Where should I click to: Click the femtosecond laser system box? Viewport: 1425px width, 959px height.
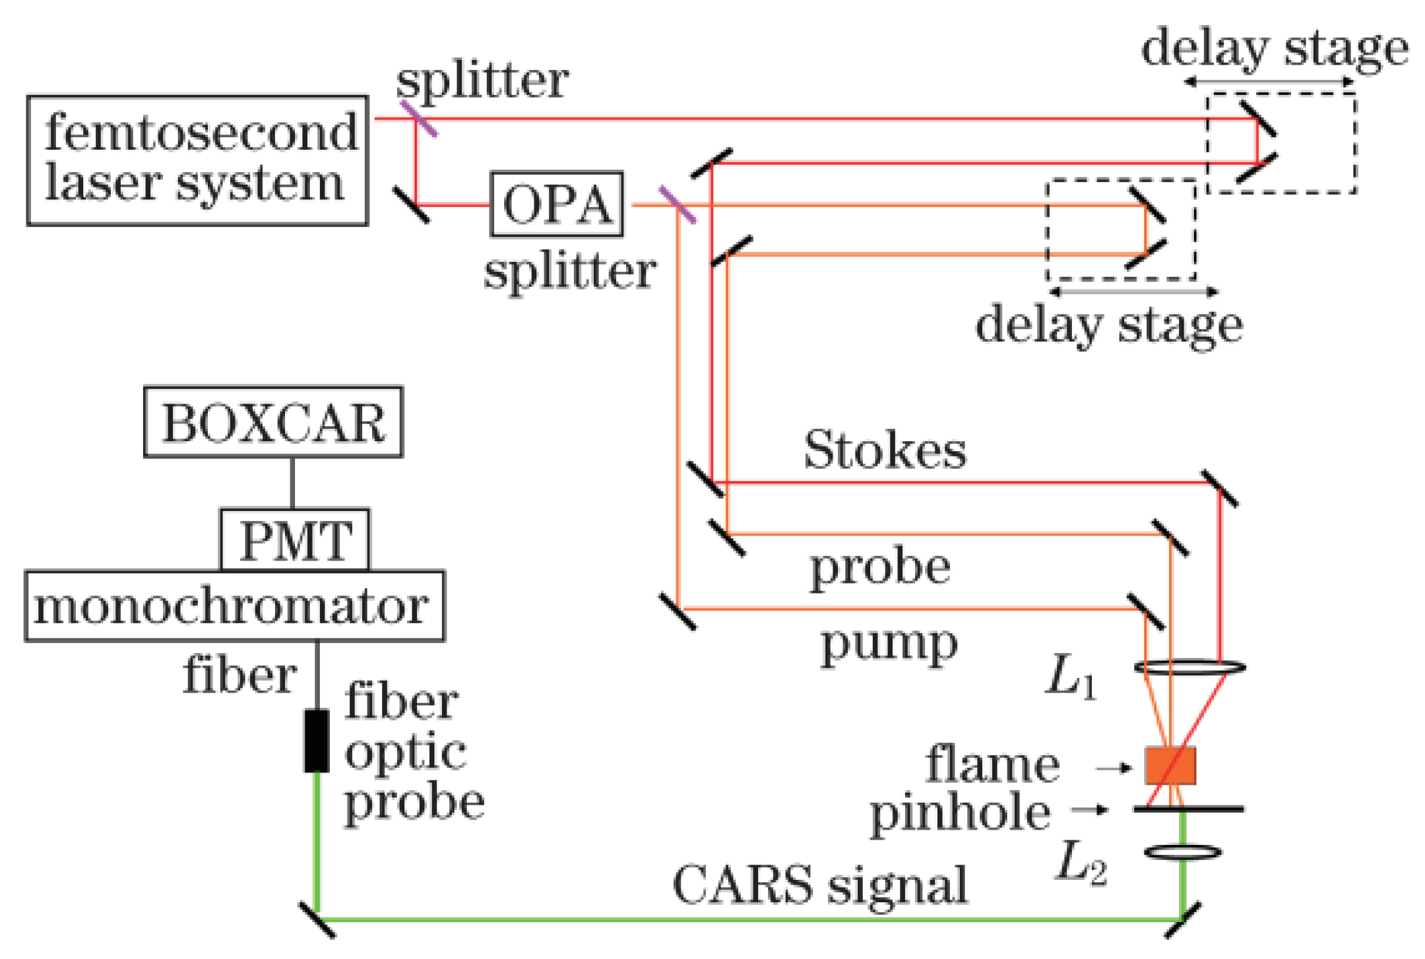point(197,160)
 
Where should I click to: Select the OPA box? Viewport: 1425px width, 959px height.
point(557,204)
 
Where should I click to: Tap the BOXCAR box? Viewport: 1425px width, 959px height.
point(273,422)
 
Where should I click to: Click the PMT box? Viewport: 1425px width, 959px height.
point(294,540)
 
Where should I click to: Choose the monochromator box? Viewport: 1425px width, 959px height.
point(234,606)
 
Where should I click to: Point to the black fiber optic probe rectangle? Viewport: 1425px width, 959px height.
point(317,740)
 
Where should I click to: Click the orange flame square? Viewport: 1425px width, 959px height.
point(1170,765)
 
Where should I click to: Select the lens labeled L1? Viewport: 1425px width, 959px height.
point(1189,667)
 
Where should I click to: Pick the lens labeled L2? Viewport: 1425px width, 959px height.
point(1183,852)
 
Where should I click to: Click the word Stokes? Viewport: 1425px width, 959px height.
point(885,450)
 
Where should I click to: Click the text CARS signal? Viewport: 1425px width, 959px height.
point(819,885)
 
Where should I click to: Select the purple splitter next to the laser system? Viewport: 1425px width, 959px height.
point(418,119)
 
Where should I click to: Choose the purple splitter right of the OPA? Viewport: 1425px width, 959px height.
point(678,204)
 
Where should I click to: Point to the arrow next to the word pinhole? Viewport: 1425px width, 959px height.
point(1089,809)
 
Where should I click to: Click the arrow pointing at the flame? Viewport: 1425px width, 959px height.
point(1113,768)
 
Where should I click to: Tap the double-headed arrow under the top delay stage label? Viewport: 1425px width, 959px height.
point(1268,82)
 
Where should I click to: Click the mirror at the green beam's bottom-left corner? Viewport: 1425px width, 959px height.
point(317,919)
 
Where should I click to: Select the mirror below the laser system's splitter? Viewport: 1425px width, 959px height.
point(411,204)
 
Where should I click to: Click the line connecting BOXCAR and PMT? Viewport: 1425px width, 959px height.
point(292,482)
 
